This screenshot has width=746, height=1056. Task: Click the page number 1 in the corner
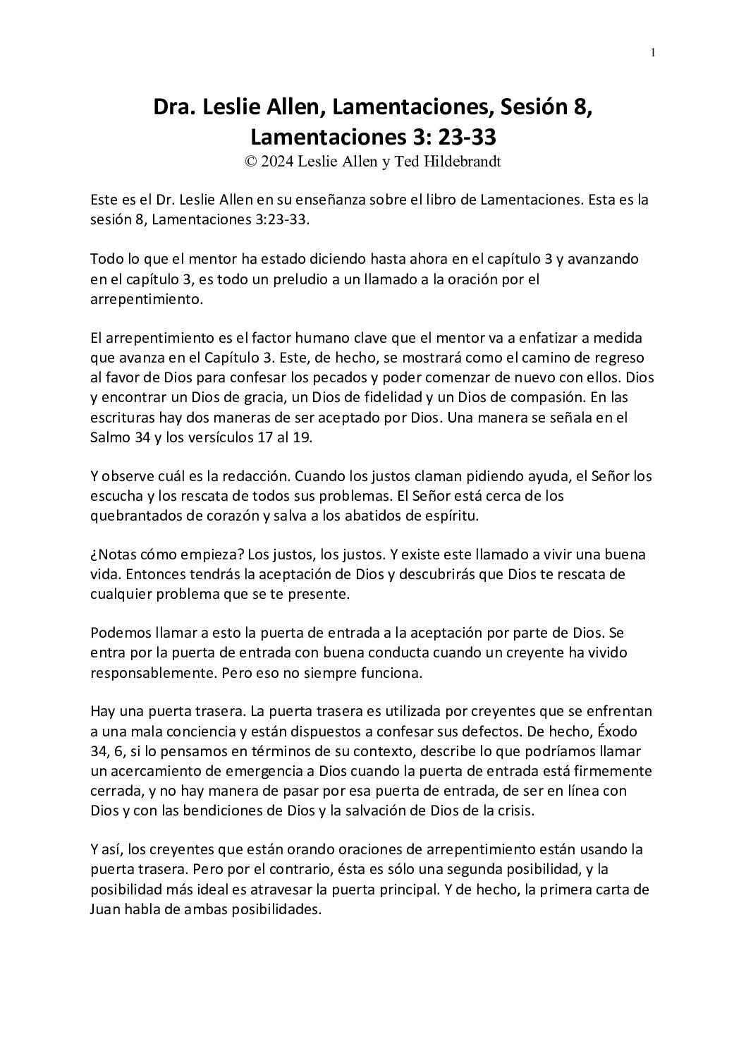(x=653, y=52)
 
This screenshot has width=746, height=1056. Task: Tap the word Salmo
(x=111, y=437)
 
